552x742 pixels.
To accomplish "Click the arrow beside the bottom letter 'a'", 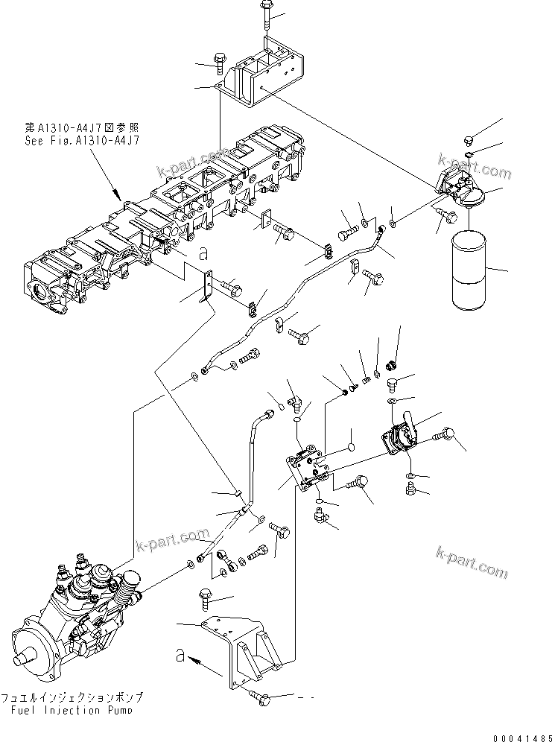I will coord(200,659).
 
